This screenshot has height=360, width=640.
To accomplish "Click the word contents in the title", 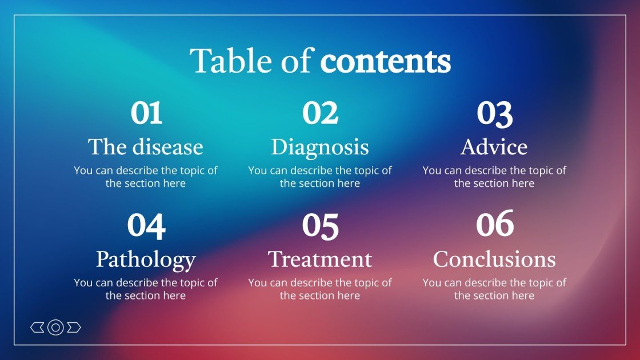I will [x=385, y=61].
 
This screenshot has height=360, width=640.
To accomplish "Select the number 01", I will [x=146, y=113].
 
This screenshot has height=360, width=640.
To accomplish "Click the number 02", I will [x=320, y=113].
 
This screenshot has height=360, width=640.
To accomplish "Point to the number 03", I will [x=494, y=113].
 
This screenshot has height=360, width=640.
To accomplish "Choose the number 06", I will [x=494, y=224].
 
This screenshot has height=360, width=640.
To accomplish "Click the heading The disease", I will [x=146, y=147].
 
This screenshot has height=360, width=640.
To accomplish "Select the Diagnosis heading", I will [x=320, y=147].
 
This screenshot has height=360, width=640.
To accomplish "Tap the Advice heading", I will [x=494, y=147].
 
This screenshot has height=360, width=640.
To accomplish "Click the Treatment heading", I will [x=320, y=259].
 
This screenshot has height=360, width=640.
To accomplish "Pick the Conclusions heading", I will [x=494, y=259].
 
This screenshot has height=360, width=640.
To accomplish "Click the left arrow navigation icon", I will [x=37, y=327].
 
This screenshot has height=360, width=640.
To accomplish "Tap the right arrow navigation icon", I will [x=74, y=327].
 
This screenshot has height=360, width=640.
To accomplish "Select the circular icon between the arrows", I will [x=55, y=327].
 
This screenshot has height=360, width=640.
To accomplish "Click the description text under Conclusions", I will [x=494, y=289].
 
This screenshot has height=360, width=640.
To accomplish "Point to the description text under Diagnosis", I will [x=320, y=177].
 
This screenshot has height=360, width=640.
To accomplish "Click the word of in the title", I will [x=299, y=61].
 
